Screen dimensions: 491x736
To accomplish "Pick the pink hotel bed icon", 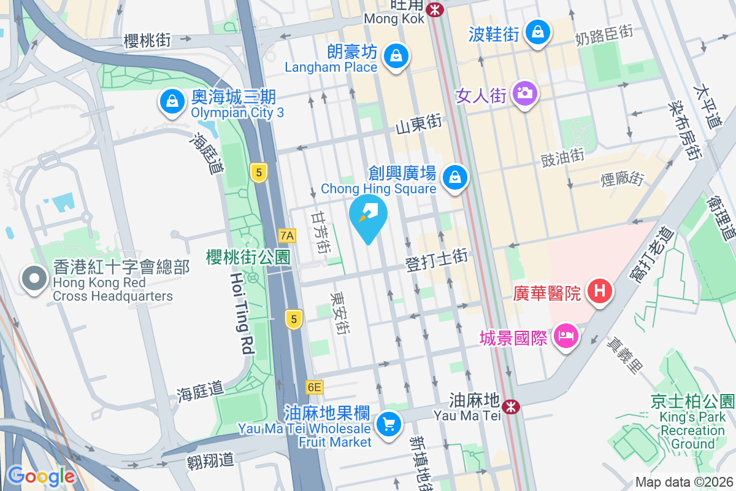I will tap(564, 336).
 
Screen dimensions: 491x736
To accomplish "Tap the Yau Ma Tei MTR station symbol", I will tap(510, 406).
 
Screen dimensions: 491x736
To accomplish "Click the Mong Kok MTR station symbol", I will tap(435, 9).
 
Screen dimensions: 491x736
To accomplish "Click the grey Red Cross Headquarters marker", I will tap(34, 279).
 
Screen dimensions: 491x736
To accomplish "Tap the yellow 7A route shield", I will tap(286, 235).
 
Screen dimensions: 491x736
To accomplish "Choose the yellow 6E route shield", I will tap(314, 387).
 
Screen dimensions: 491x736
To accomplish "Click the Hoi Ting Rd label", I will tap(242, 314).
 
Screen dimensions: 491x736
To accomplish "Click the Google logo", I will tap(41, 476).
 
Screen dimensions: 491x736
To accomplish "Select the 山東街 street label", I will tap(419, 125).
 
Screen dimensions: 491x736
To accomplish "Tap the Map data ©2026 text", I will tap(683, 482).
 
